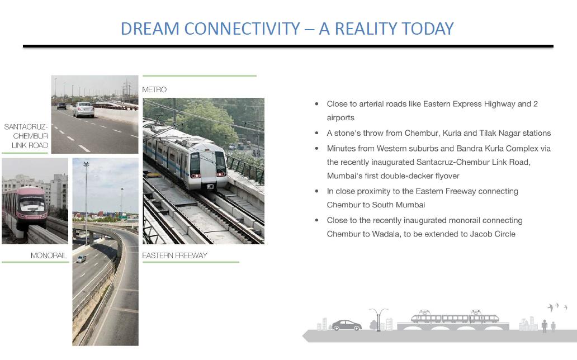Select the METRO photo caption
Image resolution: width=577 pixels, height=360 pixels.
(x=154, y=89)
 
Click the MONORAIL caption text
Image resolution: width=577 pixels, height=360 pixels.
(x=49, y=255)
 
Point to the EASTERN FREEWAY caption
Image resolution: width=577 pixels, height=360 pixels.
(x=175, y=255)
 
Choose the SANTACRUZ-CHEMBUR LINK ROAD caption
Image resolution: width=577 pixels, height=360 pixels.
(x=26, y=136)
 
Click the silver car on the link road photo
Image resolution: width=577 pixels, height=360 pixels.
(x=83, y=110)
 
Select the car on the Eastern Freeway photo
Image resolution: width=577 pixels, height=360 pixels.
(x=81, y=259)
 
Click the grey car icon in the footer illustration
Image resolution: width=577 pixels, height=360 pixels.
(x=346, y=325)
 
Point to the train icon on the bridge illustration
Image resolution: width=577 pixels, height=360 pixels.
(x=455, y=316)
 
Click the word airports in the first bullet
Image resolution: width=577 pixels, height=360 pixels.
(x=340, y=118)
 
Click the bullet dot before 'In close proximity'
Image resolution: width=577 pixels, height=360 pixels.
(x=316, y=191)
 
